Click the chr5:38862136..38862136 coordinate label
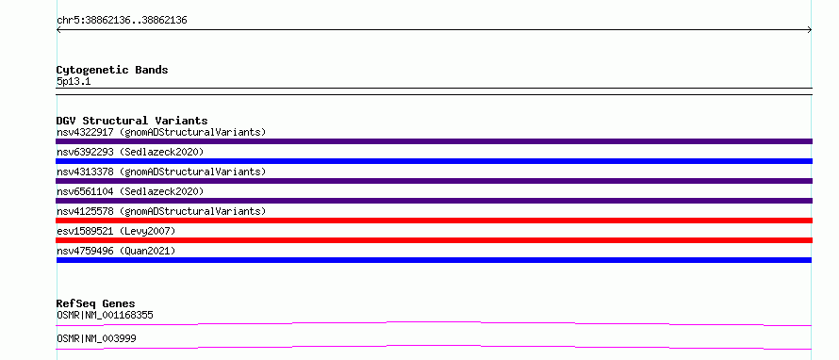point(122,21)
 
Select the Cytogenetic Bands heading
point(112,70)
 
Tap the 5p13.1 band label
point(74,81)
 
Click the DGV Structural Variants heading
point(132,121)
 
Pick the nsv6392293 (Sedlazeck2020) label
point(130,152)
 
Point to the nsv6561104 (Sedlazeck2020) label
point(130,191)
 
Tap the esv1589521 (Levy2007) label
point(116,231)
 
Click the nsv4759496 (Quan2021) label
point(116,251)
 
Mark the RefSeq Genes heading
point(96,303)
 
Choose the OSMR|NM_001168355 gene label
point(105,315)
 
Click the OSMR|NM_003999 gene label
point(96,338)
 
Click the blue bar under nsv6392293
point(434,161)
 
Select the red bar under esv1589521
point(434,240)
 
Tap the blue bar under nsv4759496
point(434,260)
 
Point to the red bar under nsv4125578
point(434,221)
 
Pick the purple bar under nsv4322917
point(434,141)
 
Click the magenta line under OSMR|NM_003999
point(434,346)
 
